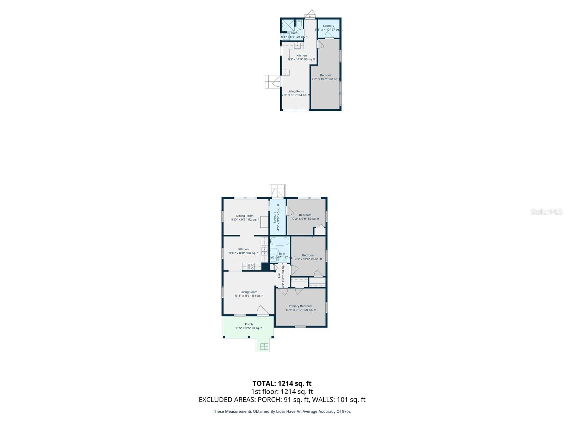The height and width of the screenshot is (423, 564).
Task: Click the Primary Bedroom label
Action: (x=300, y=306)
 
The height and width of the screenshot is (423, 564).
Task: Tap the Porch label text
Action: (x=249, y=324)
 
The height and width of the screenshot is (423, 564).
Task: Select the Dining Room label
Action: (x=245, y=216)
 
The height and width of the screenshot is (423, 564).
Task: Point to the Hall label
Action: (x=279, y=275)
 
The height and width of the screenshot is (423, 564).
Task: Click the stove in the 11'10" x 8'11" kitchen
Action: (x=251, y=267)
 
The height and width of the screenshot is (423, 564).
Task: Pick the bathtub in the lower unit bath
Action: (x=280, y=242)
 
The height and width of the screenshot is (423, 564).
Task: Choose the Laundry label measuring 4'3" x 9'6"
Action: (x=275, y=217)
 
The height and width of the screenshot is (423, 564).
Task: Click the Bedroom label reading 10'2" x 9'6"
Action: (x=305, y=215)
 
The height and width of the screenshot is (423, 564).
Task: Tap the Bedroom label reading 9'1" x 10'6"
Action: (x=308, y=256)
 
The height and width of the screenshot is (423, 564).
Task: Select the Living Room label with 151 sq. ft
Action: (x=249, y=292)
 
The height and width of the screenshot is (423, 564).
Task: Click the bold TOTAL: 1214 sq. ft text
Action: (x=282, y=383)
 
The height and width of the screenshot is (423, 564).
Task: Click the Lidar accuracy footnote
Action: (x=282, y=411)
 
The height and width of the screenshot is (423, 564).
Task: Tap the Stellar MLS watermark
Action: (x=547, y=212)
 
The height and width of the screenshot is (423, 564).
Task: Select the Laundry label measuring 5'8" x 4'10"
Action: (x=329, y=26)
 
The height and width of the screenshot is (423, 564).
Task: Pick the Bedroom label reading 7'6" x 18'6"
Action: (x=326, y=75)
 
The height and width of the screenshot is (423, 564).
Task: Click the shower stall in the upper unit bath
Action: (x=288, y=25)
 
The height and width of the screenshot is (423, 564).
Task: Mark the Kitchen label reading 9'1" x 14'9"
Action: (x=301, y=56)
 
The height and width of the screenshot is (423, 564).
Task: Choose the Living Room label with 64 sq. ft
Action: (x=295, y=91)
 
